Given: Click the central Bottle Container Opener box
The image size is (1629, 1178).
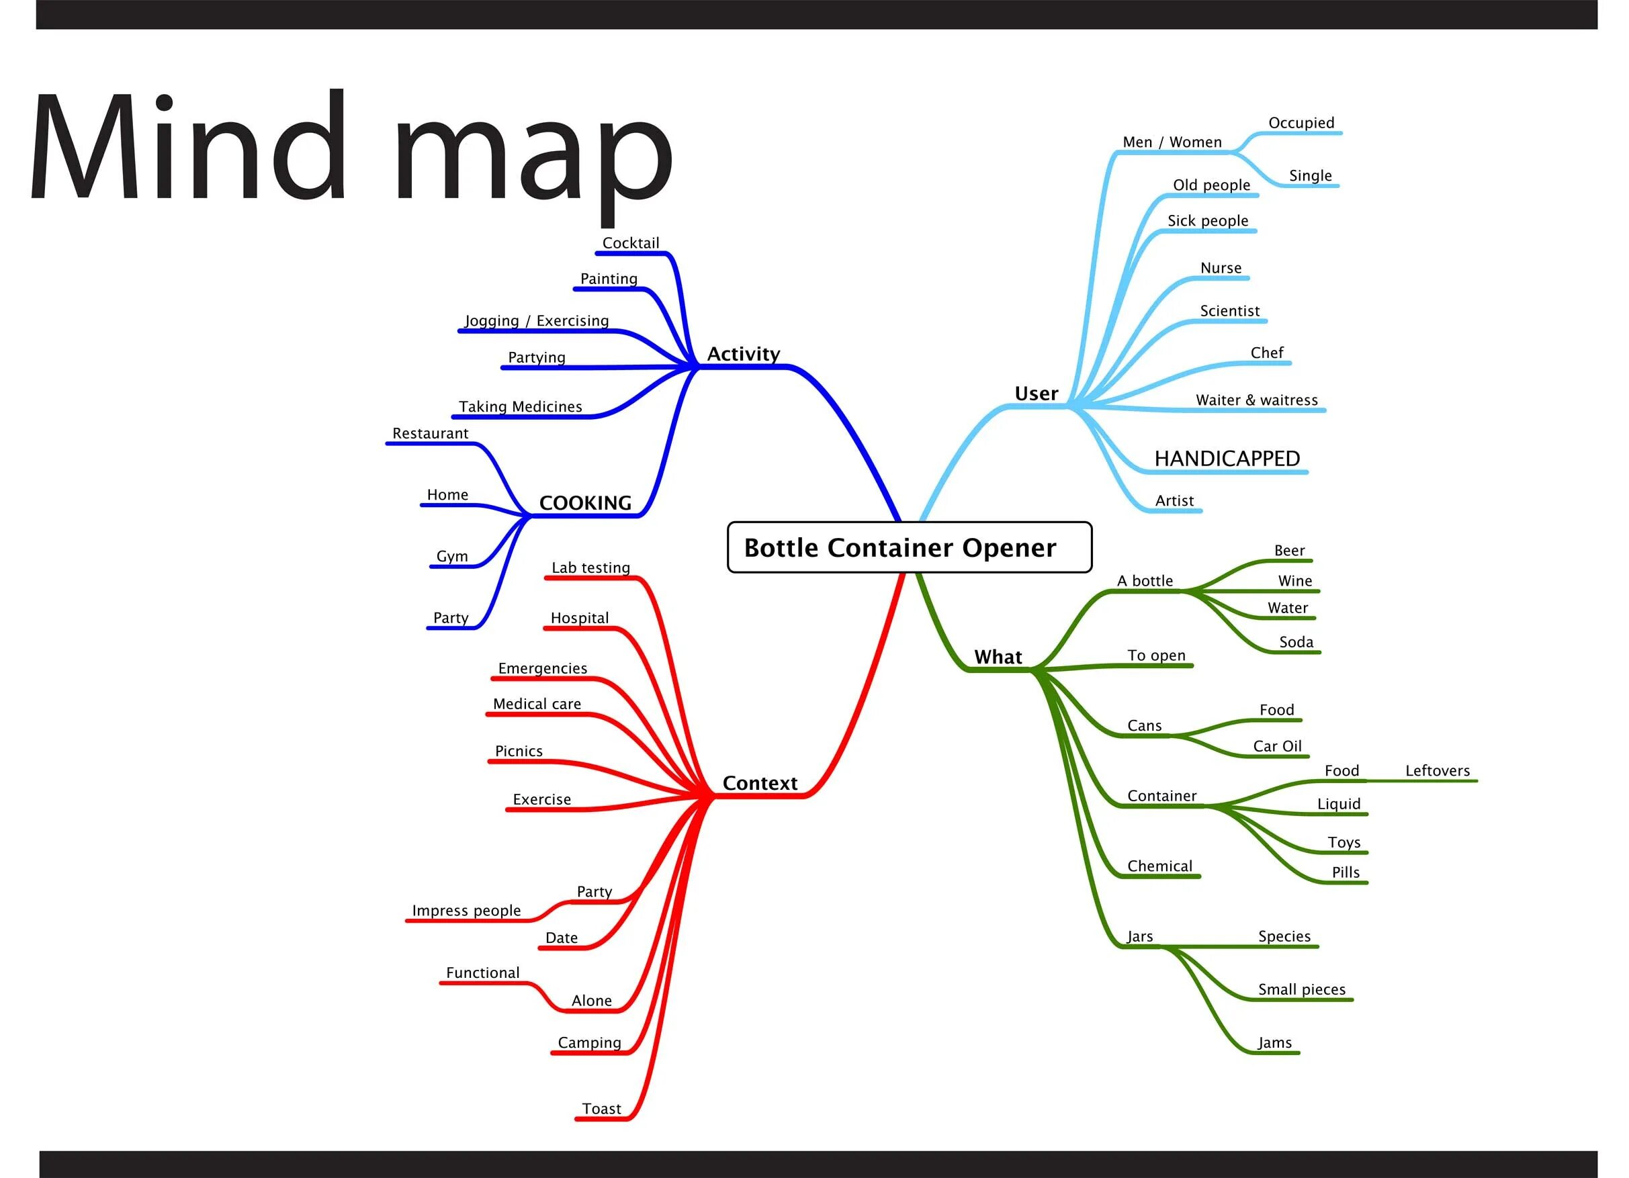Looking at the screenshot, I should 910,547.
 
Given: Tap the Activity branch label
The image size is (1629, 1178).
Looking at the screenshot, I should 744,354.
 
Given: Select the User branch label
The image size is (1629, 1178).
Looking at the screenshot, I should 1037,394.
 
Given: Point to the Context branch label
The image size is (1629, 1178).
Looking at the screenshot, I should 760,783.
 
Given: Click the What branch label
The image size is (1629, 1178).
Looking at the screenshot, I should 998,658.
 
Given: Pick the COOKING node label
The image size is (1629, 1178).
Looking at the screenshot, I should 585,503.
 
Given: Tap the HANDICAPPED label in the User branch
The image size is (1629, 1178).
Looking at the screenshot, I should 1227,458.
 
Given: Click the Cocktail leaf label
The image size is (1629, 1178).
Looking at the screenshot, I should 631,242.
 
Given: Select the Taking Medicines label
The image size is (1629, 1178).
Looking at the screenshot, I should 521,406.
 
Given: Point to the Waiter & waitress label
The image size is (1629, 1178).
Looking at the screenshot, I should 1257,400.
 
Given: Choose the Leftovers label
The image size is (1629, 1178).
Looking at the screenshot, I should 1438,771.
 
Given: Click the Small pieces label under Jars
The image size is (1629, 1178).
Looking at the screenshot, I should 1301,989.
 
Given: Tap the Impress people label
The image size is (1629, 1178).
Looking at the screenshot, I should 466,910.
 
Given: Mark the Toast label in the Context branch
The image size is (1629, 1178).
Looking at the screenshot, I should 601,1108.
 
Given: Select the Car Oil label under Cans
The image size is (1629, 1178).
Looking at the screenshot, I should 1277,746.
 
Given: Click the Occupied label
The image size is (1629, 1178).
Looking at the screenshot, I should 1301,123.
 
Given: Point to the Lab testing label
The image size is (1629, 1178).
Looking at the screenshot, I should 590,568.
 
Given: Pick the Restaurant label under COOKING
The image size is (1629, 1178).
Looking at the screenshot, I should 430,433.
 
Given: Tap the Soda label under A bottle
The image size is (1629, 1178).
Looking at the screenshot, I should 1296,642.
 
